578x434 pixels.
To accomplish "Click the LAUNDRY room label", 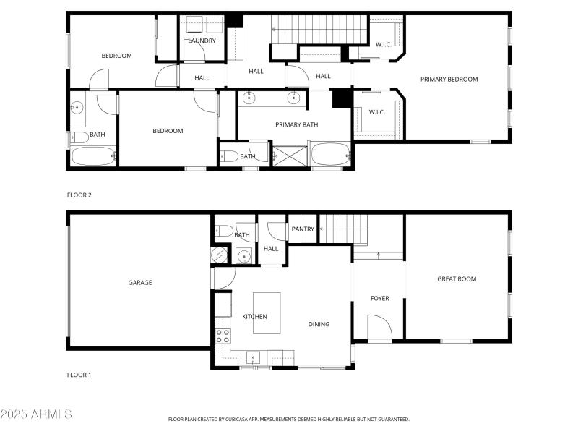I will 202,41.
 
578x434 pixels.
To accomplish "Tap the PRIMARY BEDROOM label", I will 449,80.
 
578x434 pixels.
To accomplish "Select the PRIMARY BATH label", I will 297,124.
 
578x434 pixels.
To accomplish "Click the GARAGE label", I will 140,283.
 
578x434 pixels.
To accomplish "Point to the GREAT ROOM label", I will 457,279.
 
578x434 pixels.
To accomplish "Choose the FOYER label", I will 380,298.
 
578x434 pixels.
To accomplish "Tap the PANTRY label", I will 303,229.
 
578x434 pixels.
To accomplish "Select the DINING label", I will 319,324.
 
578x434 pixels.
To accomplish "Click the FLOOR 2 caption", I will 79,195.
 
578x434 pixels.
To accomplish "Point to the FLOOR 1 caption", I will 79,375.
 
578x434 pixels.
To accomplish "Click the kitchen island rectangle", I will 267,312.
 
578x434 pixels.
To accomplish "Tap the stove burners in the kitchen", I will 223,336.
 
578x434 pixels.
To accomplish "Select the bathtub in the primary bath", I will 329,155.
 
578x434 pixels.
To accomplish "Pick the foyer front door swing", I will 379,328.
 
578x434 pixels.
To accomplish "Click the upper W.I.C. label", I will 383,45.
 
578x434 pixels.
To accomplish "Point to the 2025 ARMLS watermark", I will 36,414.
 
